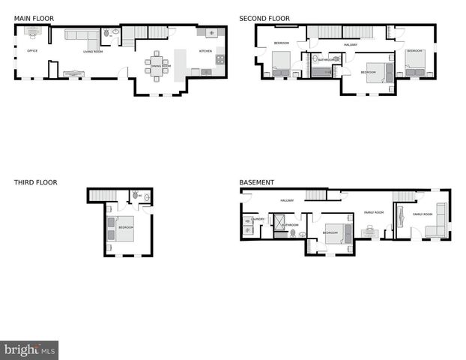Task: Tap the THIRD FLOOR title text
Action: [x=35, y=182]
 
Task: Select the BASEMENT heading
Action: [x=256, y=182]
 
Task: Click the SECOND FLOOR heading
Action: [x=264, y=18]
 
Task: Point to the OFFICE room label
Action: [x=32, y=51]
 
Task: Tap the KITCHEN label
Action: [x=205, y=51]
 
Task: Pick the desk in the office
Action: [x=33, y=31]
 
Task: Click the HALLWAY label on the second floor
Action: [x=351, y=45]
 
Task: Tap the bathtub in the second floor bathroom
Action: [x=322, y=72]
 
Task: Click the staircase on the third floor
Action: [x=100, y=195]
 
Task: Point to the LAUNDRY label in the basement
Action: [x=258, y=219]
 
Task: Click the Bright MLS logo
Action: [x=30, y=349]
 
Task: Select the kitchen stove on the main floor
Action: [x=220, y=58]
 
